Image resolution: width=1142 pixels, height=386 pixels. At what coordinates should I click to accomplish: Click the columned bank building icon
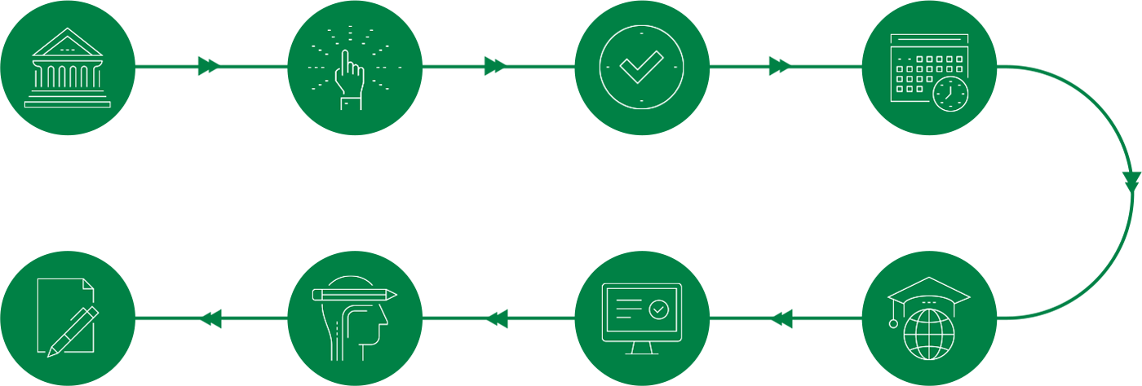pos(68,68)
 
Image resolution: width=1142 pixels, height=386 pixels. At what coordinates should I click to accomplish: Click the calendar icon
pos(928,72)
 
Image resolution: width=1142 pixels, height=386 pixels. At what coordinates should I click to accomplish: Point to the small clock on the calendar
pos(950,94)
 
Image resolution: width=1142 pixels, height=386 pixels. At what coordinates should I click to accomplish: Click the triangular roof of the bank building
pos(68,42)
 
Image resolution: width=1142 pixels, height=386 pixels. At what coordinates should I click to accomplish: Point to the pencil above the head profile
pos(354,294)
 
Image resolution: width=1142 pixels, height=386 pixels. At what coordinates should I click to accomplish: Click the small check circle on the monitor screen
pos(658,309)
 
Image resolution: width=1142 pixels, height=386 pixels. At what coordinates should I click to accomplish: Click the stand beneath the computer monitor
pos(641,349)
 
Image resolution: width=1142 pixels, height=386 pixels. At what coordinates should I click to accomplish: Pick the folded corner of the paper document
pos(88,284)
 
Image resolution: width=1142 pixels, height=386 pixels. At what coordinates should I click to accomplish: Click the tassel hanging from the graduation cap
pos(893,322)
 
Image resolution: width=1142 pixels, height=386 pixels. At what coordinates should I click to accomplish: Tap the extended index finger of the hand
pos(346,60)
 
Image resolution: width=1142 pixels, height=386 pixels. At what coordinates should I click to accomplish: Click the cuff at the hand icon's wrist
pos(351,103)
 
